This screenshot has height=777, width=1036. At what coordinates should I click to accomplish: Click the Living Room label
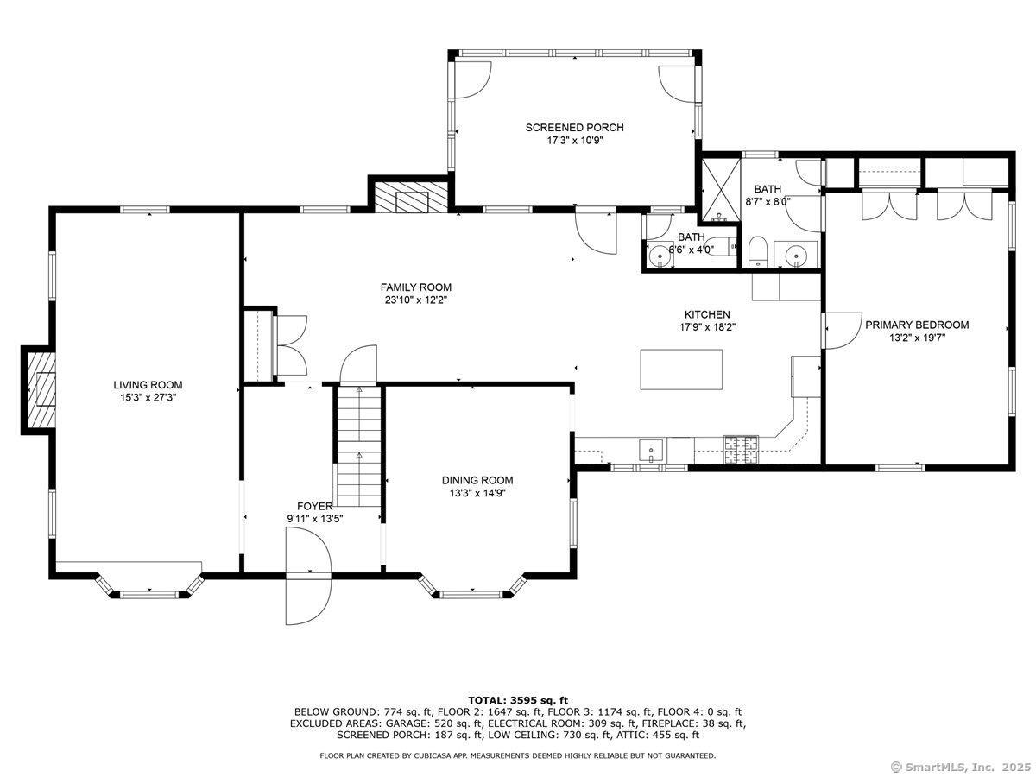[148, 384]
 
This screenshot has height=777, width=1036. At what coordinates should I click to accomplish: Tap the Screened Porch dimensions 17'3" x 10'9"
[575, 140]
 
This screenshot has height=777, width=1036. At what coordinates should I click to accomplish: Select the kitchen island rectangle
[680, 370]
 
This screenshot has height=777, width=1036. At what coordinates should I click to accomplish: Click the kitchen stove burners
[741, 449]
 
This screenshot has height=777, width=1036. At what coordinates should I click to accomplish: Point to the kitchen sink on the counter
[651, 450]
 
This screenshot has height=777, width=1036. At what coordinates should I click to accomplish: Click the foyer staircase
[359, 446]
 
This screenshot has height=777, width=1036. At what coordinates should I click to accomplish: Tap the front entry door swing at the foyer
[309, 576]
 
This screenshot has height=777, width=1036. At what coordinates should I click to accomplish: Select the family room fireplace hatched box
[411, 197]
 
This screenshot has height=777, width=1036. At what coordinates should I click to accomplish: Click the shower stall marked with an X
[721, 190]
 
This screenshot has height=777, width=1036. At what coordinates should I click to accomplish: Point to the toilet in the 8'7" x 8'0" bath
[757, 251]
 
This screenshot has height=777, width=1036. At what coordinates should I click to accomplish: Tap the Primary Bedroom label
[917, 325]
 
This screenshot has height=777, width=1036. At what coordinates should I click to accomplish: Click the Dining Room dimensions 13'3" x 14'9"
[477, 493]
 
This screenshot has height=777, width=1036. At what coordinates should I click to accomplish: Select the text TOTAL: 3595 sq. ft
[518, 700]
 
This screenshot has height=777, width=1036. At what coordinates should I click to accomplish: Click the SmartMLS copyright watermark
[961, 767]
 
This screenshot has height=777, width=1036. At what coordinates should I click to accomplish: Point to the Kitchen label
[707, 314]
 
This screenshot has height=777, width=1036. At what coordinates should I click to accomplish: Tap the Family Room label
[416, 287]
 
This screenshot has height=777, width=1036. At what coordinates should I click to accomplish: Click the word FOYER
[315, 506]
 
